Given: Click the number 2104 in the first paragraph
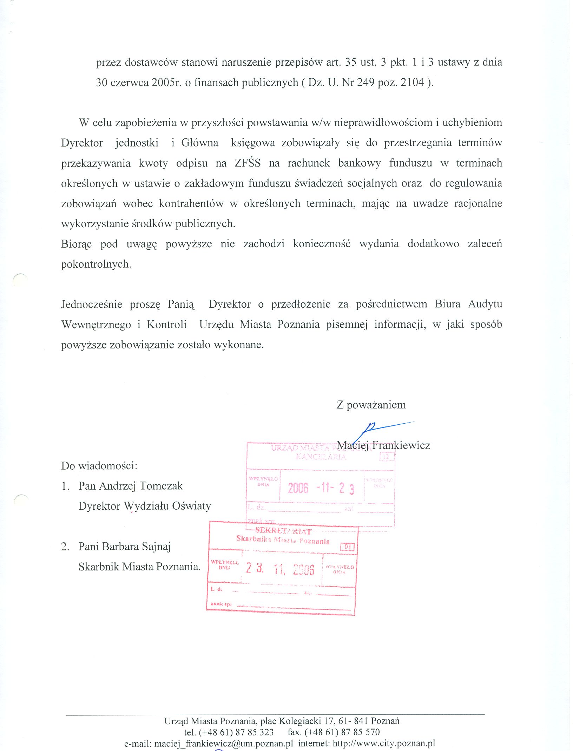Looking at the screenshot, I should [x=412, y=83].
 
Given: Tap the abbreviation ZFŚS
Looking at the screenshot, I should [x=248, y=163].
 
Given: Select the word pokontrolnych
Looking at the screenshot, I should [x=96, y=264].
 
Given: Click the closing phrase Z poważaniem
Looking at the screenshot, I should [x=371, y=405].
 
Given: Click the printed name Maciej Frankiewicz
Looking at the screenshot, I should [x=383, y=445].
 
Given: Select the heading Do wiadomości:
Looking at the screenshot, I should [x=99, y=466].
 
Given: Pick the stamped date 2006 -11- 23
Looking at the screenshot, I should [x=321, y=488].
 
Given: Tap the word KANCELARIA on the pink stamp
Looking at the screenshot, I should [x=321, y=457].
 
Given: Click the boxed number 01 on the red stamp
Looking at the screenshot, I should [x=347, y=547].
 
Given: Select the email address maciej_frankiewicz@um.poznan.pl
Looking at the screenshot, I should [x=223, y=743].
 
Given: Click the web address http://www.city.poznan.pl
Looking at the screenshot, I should [x=384, y=743].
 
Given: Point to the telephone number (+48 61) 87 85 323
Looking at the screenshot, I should [x=229, y=732].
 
